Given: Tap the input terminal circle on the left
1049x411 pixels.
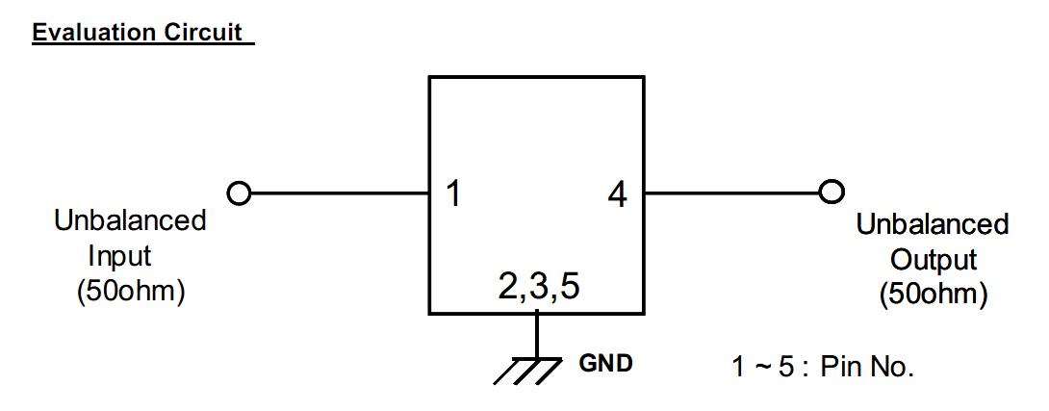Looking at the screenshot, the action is click(238, 193).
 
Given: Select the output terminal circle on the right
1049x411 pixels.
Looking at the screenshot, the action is click(831, 193).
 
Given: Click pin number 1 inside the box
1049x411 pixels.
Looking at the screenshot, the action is click(453, 195).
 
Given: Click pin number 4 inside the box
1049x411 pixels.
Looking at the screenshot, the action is click(617, 195).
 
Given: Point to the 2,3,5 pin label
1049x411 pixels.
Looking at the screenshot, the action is click(539, 288).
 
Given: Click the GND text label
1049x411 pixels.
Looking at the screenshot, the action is click(605, 364).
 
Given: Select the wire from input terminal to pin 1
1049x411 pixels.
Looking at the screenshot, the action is click(337, 193).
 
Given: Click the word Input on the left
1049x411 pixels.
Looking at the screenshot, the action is click(120, 256).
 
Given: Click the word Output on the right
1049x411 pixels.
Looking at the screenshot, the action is click(933, 260).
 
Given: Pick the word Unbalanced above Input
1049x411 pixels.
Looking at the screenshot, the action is click(130, 220).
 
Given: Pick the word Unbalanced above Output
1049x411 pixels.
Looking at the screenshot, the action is click(933, 225).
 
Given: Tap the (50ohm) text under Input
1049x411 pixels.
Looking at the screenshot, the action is click(130, 291).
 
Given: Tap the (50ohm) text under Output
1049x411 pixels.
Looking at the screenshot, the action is click(933, 295).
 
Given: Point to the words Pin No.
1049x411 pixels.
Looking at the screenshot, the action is click(866, 368).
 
